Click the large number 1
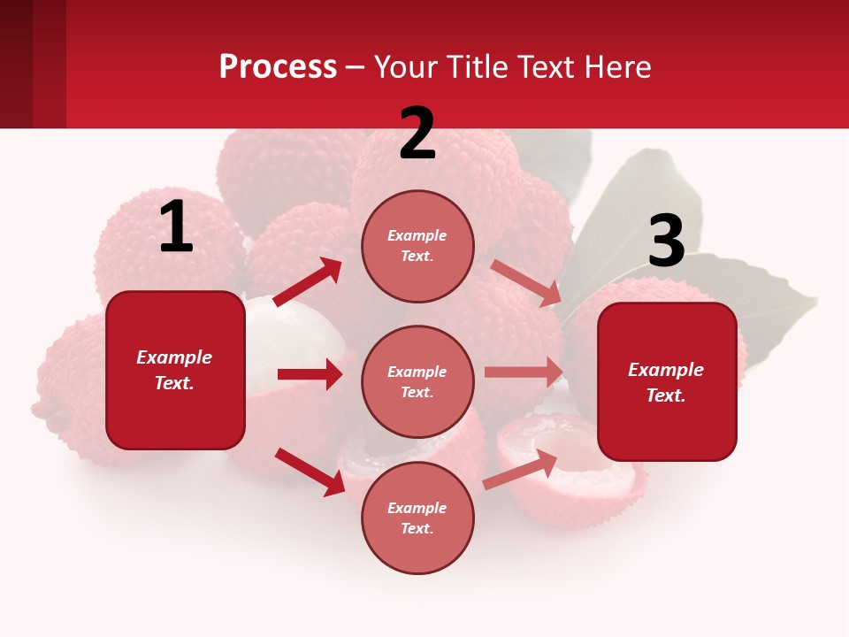176,227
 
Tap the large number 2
417,134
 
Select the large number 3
666,241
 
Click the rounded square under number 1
175,370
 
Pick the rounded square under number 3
667,381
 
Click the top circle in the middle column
417,246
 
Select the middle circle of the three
417,381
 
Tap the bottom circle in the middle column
417,518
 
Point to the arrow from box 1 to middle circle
310,374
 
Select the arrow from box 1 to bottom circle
310,472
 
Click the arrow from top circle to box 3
525,283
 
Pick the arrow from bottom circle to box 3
520,470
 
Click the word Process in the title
278,66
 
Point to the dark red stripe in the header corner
16,64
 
